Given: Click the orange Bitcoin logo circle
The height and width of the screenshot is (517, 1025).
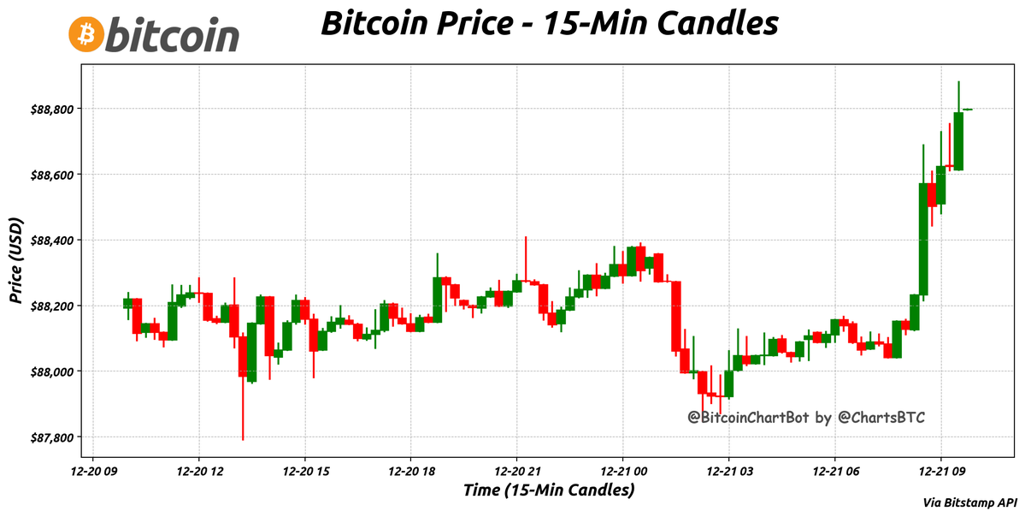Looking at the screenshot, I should tap(85, 34).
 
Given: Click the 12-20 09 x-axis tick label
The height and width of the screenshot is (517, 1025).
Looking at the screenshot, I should tap(93, 470).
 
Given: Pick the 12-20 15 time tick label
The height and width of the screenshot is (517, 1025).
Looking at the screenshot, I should tap(305, 470).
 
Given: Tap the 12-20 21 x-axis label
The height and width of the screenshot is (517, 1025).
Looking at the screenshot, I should tap(517, 470).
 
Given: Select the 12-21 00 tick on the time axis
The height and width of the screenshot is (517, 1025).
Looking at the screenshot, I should tap(623, 470).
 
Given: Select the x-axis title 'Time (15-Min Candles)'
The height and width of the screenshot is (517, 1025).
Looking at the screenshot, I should tap(549, 490).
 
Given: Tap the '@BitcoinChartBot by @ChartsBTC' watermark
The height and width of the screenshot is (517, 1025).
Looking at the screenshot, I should tap(807, 418).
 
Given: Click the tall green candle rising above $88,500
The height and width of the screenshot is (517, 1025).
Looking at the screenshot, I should tap(923, 239).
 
